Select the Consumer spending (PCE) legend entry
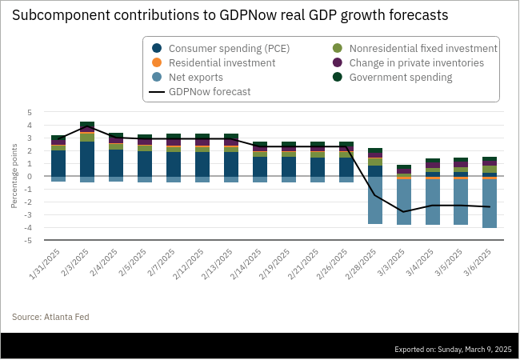(229, 48)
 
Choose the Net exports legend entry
(196, 78)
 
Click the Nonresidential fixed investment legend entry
(422, 48)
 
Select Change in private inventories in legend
(415, 62)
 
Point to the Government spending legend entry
(399, 78)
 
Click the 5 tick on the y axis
(30, 113)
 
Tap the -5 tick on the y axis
(28, 240)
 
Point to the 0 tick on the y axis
(30, 177)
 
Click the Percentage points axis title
(14, 177)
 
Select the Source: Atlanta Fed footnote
(50, 317)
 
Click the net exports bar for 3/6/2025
(490, 203)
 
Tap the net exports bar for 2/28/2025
(374, 200)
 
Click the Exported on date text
(453, 349)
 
